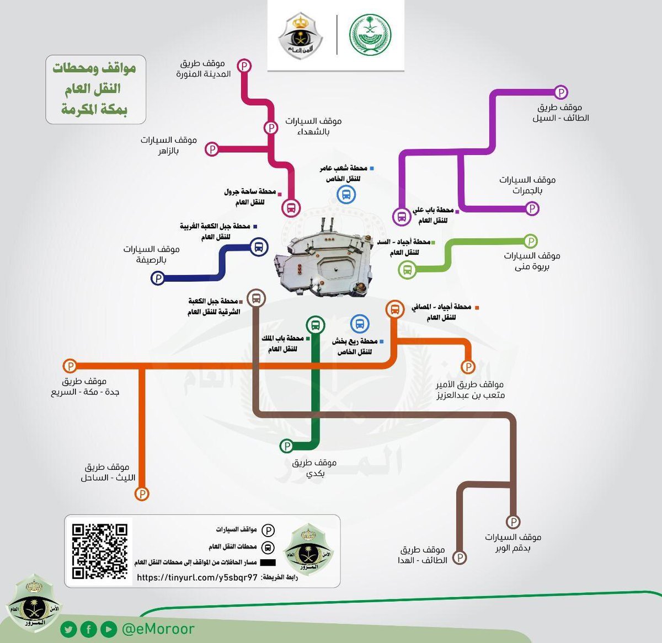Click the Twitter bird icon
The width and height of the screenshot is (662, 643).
coord(68,630)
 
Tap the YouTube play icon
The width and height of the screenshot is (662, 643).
coord(109,630)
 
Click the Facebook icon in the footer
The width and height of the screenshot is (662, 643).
coord(88,630)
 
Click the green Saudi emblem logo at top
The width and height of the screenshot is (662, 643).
coord(370,35)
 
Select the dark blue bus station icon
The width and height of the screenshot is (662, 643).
coord(259,247)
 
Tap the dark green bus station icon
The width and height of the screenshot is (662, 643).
coord(316,325)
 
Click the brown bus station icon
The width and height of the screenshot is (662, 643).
coord(256,298)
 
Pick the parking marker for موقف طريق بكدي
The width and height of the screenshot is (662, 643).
coord(287,446)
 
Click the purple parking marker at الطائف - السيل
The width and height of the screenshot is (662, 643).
coord(560,92)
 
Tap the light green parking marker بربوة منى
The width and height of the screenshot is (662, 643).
coord(530,242)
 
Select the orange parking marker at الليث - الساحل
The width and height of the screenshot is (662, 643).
coord(142,494)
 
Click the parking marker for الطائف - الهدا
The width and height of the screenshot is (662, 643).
coord(460,558)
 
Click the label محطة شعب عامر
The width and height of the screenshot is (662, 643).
coord(344,168)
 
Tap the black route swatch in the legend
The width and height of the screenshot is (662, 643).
coord(268,562)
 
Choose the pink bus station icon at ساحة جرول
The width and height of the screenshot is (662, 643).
coord(291,207)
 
